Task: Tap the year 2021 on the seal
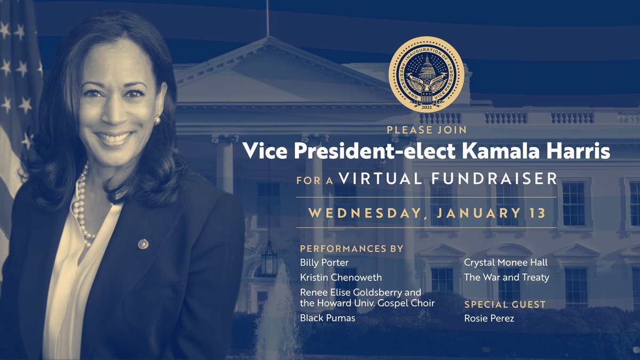coord(426,107)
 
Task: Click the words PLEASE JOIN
coord(426,130)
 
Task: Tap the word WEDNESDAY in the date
coord(363,213)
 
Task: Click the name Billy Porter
coord(324,262)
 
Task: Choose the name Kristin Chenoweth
coord(341,278)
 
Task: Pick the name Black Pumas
coord(327,318)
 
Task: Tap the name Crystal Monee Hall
coord(506,262)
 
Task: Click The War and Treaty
coord(506,277)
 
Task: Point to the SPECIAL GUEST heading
coord(505,305)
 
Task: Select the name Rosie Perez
coord(489,318)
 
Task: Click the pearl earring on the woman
coord(157,121)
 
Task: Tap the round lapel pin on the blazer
coord(143,244)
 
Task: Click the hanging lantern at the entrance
coord(269,259)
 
